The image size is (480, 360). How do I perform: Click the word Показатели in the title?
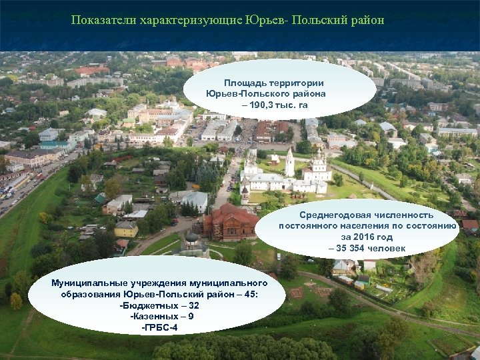pos(104,20)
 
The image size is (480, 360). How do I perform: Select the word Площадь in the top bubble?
pos(246,83)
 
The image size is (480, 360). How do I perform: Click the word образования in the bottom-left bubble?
pos(90,294)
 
